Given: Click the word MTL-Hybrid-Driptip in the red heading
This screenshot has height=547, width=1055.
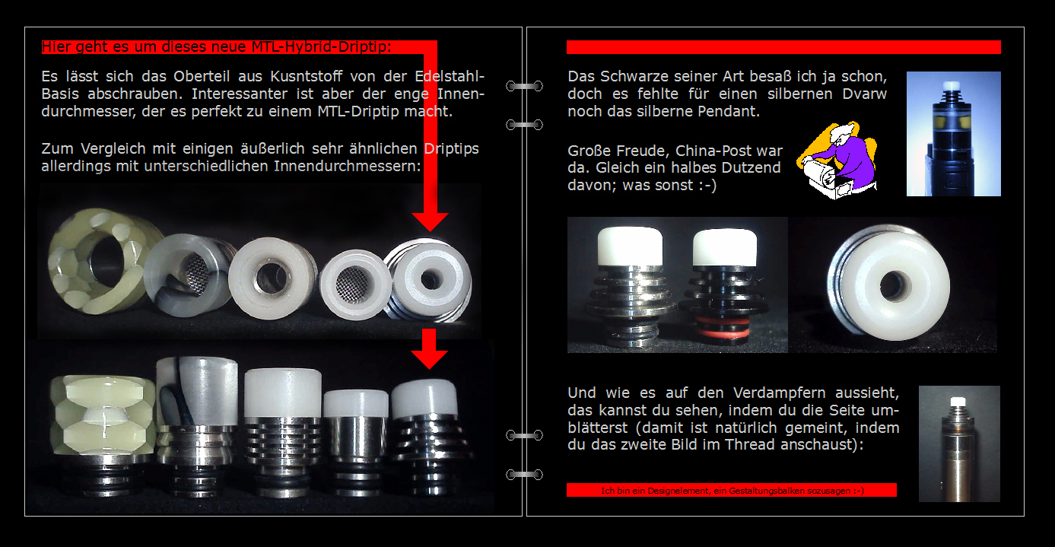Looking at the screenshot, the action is click(321, 46).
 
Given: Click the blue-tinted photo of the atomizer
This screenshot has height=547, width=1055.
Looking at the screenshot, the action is click(953, 134).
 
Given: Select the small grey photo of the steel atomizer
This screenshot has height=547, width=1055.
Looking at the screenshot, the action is click(959, 444).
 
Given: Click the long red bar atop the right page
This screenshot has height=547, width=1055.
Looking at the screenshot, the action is click(783, 47).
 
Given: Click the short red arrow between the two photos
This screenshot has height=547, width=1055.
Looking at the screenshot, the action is click(429, 349).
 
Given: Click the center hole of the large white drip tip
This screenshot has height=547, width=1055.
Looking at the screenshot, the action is click(891, 285).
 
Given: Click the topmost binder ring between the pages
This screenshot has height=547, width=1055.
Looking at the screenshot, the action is click(524, 86).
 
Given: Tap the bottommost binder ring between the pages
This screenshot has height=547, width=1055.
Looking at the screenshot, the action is click(524, 475).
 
